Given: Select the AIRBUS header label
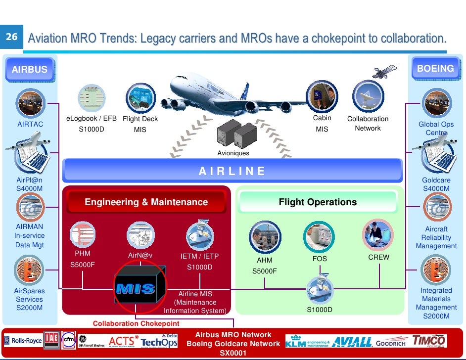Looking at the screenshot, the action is point(30,69).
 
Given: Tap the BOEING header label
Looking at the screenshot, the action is point(435,69).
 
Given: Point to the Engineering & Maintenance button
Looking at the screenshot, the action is point(146,202).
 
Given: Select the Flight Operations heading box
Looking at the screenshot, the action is point(318,202).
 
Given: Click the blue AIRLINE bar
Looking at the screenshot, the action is point(232,171).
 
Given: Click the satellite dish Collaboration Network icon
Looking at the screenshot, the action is point(368,96).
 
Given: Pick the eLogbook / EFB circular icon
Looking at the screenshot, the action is point(92,98).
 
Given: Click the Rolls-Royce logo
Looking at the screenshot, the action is point(23,341).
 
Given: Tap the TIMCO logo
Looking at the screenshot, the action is point(429,341).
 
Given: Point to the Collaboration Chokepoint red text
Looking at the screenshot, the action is point(136,324).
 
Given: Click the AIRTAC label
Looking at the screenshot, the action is point(30,124).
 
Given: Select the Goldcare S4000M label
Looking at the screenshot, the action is point(436,184).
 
